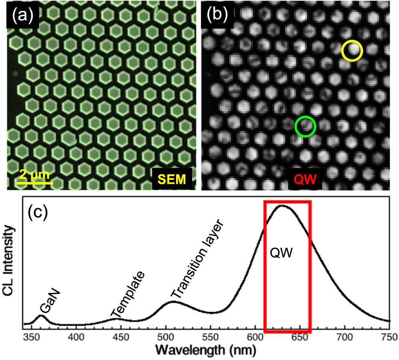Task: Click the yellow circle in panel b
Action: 342,51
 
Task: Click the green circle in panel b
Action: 296,127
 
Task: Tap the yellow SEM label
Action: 172,179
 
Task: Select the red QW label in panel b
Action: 305,179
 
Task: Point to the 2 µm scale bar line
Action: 35,183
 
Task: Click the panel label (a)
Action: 23,15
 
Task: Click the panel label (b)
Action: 217,14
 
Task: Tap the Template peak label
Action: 128,294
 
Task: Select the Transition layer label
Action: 197,259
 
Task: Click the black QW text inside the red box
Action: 281,253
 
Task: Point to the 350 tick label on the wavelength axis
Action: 32,337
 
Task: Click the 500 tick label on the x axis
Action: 166,337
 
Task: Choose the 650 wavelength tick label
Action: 300,337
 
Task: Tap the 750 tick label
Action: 389,337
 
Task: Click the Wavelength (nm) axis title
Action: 206,350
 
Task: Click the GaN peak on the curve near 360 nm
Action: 41,316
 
